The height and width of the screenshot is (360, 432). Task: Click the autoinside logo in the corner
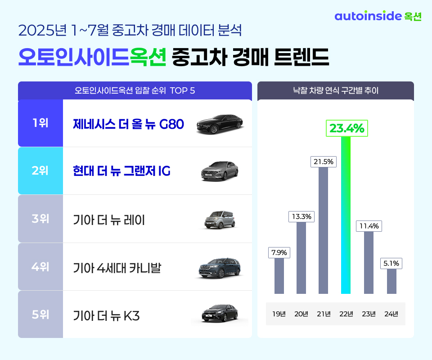(378, 16)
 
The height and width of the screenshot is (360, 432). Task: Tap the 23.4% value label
(346, 129)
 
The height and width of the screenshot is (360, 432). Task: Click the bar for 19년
(279, 276)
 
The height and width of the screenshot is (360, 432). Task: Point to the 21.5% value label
(323, 162)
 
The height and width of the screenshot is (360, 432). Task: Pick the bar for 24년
(391, 281)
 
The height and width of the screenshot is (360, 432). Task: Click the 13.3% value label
(301, 216)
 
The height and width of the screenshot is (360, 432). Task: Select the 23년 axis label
(369, 314)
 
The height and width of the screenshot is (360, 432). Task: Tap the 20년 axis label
(301, 314)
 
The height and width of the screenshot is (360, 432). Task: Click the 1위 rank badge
(40, 123)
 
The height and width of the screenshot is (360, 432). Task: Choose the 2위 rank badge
(40, 171)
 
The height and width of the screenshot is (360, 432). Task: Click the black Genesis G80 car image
(220, 124)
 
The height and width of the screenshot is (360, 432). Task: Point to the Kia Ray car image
(219, 220)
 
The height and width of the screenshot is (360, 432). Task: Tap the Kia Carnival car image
(220, 268)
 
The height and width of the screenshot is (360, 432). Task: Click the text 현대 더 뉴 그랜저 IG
(121, 171)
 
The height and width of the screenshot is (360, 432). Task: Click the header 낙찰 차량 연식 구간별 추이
(335, 90)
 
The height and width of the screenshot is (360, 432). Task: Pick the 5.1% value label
(391, 263)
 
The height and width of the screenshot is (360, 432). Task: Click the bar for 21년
(323, 230)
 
